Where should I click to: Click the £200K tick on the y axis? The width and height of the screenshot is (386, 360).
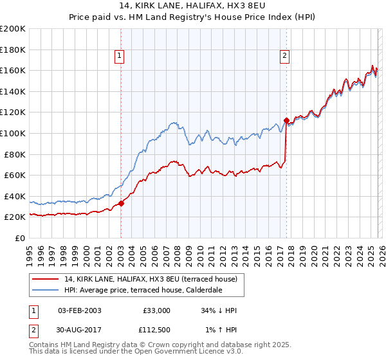[x=13, y=29]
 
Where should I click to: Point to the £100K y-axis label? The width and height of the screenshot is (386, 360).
[x=13, y=133]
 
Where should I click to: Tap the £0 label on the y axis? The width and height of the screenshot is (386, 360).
[x=20, y=238]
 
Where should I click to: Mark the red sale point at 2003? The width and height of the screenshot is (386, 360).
[x=121, y=203]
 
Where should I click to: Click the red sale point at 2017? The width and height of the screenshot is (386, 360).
[x=286, y=120]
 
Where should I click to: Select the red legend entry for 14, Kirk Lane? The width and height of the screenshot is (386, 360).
[x=151, y=279]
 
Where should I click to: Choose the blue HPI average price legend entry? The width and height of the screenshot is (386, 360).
[x=143, y=290]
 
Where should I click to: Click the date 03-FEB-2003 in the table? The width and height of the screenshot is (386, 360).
[x=79, y=310]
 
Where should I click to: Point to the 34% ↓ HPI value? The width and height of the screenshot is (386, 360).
[x=219, y=310]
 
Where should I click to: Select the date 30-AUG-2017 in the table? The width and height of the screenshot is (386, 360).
[x=79, y=332]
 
